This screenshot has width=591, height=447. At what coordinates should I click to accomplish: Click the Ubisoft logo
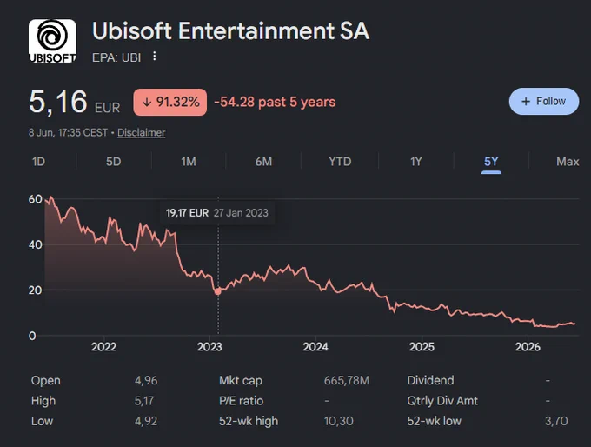point(52,41)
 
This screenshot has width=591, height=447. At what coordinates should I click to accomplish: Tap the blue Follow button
point(544,102)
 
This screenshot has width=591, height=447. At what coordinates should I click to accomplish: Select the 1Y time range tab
point(415,162)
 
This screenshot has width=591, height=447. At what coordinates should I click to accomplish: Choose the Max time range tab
point(568,162)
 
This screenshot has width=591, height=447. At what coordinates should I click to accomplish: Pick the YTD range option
point(340,162)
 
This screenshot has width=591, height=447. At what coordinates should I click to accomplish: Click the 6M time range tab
point(263,162)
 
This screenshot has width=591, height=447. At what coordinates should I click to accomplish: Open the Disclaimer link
point(142,132)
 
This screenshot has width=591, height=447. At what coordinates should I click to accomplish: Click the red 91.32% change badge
point(170,102)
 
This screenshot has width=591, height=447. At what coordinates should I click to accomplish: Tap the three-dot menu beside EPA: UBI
point(154,57)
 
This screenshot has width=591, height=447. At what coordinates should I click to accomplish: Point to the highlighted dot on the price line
point(217,291)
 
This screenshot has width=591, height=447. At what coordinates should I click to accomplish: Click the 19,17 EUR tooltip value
point(187,213)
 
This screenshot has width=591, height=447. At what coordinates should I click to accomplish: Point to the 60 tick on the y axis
point(35,199)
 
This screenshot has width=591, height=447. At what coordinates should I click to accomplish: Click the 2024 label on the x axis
point(315,347)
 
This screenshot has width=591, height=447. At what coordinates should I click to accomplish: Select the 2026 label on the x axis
point(528,347)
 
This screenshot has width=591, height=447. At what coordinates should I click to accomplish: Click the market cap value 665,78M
point(347,380)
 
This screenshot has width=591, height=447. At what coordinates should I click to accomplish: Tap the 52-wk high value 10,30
point(338,421)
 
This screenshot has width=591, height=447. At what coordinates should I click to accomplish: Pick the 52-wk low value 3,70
point(556,421)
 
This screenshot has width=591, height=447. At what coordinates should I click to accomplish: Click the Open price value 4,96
point(146,380)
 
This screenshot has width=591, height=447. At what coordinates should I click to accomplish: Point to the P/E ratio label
point(241,401)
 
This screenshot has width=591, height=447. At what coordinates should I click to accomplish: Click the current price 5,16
point(58,102)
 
